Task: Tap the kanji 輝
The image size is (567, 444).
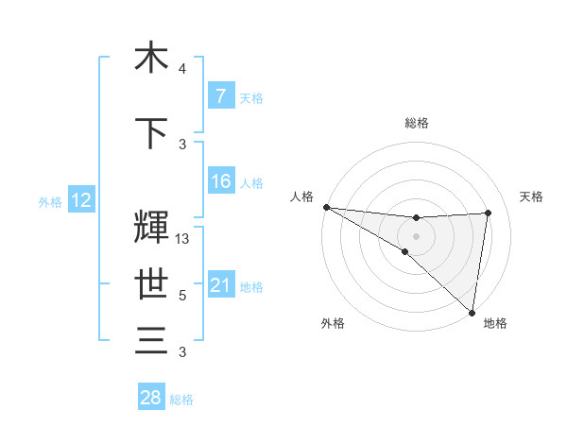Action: coord(151,228)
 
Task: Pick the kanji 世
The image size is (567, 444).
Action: coord(151,283)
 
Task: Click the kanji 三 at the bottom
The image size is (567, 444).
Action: coord(151,340)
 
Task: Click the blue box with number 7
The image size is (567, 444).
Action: coord(220,96)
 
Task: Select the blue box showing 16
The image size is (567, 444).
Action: coord(220,181)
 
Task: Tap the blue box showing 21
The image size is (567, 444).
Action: coord(220,285)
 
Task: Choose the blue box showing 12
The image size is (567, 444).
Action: coord(80,200)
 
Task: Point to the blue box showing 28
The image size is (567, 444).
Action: coord(150,398)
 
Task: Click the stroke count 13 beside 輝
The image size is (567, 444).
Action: coord(182,239)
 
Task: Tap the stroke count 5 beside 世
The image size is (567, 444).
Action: coord(182,296)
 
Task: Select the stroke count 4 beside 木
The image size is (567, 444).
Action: coord(182,69)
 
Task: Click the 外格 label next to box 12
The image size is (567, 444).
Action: coord(49,201)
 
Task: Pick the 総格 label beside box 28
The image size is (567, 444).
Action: coord(181,399)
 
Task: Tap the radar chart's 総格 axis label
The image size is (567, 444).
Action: coord(416,123)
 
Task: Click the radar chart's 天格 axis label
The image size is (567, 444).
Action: coord(531,196)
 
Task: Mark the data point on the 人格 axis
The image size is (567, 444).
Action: coord(326,207)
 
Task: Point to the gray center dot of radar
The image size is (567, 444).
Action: coord(416,235)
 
